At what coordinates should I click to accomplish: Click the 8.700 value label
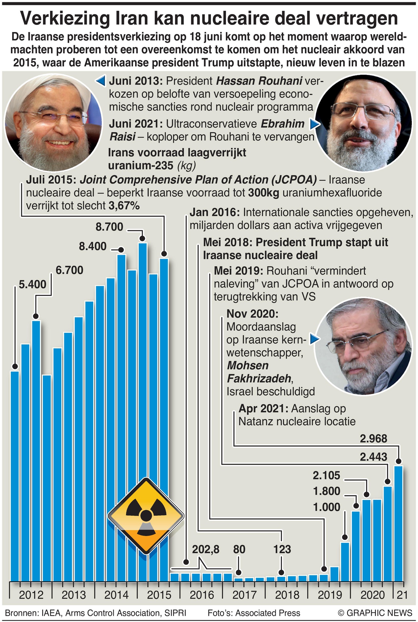coord(109,227)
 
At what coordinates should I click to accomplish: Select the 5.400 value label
coord(32,285)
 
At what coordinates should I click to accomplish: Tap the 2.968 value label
coord(373,439)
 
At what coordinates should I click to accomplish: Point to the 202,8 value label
coord(205,549)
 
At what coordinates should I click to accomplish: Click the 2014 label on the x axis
coord(116,595)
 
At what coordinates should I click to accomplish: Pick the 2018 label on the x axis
coord(287,595)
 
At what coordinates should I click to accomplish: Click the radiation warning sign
coord(146,516)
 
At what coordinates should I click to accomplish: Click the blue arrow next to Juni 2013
coord(101,80)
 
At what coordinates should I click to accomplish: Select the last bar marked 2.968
coord(398,523)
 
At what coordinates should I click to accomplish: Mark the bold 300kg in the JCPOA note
coord(263,193)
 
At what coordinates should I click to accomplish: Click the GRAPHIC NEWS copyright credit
coord(375,613)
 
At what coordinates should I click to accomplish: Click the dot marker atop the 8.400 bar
coord(121,250)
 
